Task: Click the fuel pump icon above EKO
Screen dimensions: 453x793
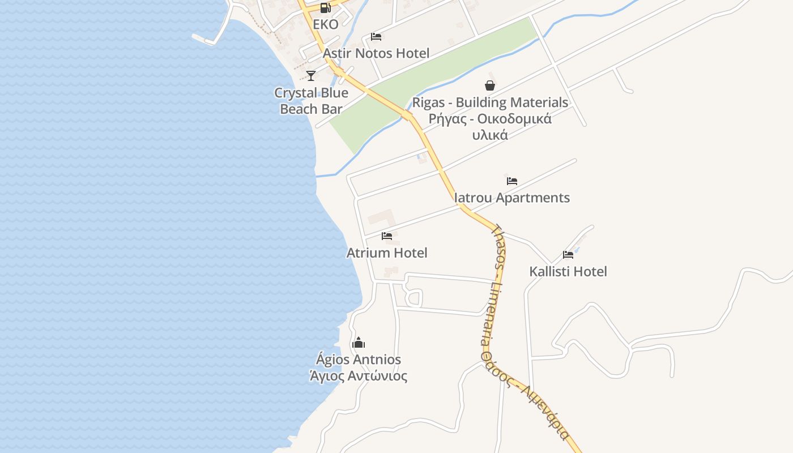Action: [x=325, y=8]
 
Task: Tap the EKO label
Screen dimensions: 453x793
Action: [x=326, y=24]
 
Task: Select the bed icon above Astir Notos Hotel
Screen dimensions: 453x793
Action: [x=376, y=37]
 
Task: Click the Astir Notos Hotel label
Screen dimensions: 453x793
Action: [x=376, y=53]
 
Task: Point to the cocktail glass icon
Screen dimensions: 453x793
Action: [x=311, y=76]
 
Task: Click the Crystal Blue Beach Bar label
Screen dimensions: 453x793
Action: [x=311, y=101]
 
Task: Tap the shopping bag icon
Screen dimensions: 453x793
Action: [x=490, y=86]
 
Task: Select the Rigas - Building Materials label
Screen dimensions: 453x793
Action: [x=490, y=102]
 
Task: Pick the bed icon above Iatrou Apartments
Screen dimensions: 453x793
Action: [x=512, y=181]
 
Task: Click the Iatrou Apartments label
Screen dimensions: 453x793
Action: [x=512, y=198]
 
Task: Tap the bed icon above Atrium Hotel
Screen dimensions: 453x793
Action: [x=387, y=236]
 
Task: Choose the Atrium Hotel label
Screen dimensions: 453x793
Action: [x=387, y=253]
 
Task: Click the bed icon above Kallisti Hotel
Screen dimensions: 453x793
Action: [x=568, y=255]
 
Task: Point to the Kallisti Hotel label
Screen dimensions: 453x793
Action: [x=568, y=271]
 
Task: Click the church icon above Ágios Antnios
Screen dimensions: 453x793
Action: [x=359, y=343]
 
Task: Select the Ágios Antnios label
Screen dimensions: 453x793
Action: [x=359, y=360]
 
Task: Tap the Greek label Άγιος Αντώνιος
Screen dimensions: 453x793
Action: [x=359, y=376]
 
